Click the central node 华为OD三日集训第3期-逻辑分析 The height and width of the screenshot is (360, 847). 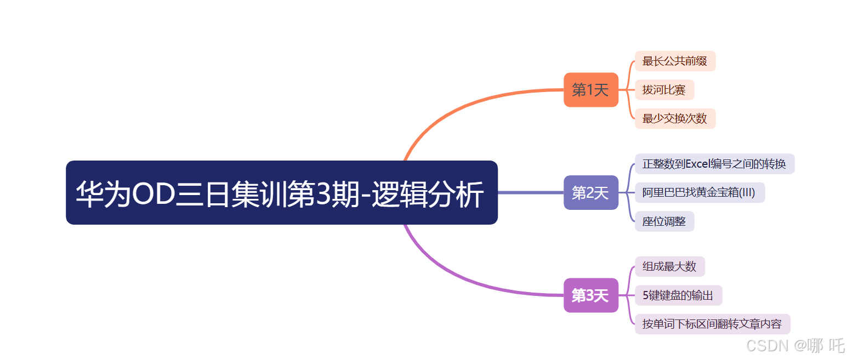(281, 192)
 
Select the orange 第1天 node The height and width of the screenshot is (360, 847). (590, 90)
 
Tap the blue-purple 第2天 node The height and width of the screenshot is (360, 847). (590, 192)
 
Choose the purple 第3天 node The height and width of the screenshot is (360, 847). (590, 295)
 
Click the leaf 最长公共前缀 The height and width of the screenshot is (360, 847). (675, 61)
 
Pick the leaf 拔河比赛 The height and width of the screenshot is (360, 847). (664, 90)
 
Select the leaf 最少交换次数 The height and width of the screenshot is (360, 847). (675, 118)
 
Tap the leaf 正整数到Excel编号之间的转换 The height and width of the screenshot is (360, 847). (714, 164)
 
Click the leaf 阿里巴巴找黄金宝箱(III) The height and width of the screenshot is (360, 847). (699, 192)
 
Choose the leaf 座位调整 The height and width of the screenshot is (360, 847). (664, 221)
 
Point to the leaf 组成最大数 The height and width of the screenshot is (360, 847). (669, 266)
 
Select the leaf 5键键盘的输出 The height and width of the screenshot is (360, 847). (678, 295)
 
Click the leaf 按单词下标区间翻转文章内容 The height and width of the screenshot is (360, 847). (712, 324)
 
